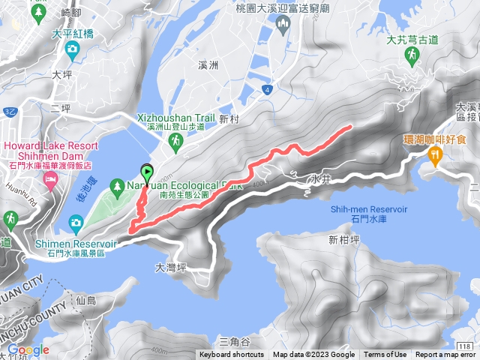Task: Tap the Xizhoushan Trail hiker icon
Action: [x=175, y=141]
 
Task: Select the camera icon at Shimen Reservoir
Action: [x=76, y=222]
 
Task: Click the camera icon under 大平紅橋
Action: [x=71, y=50]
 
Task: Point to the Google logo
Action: [x=28, y=349]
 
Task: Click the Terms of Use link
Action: [x=385, y=355]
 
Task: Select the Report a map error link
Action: [x=446, y=355]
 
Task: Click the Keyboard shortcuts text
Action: [x=231, y=355]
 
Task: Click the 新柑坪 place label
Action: [x=343, y=240]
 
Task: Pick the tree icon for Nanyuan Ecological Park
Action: [x=118, y=184]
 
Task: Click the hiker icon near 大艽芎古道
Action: [x=410, y=60]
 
